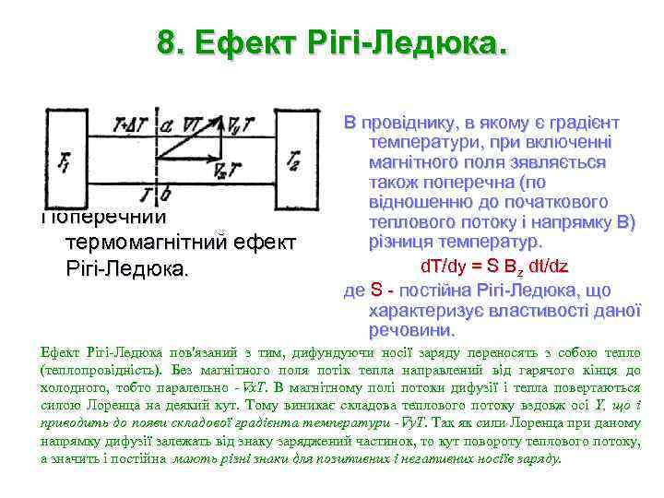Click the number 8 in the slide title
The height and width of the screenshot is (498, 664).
coord(166,44)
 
